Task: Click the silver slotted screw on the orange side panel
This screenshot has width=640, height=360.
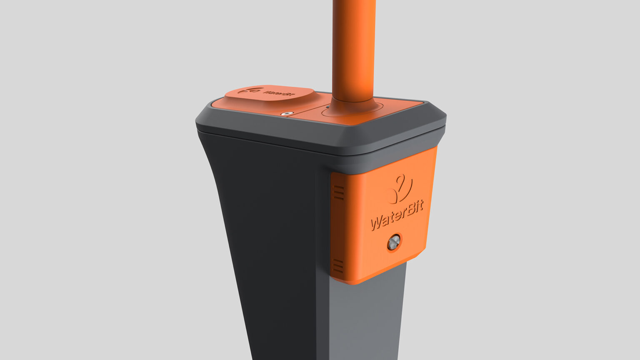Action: [x=394, y=242]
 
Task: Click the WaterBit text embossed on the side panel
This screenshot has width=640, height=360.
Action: [x=397, y=215]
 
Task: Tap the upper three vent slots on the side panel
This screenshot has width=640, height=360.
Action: [x=338, y=192]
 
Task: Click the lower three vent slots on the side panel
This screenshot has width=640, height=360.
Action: [x=338, y=266]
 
